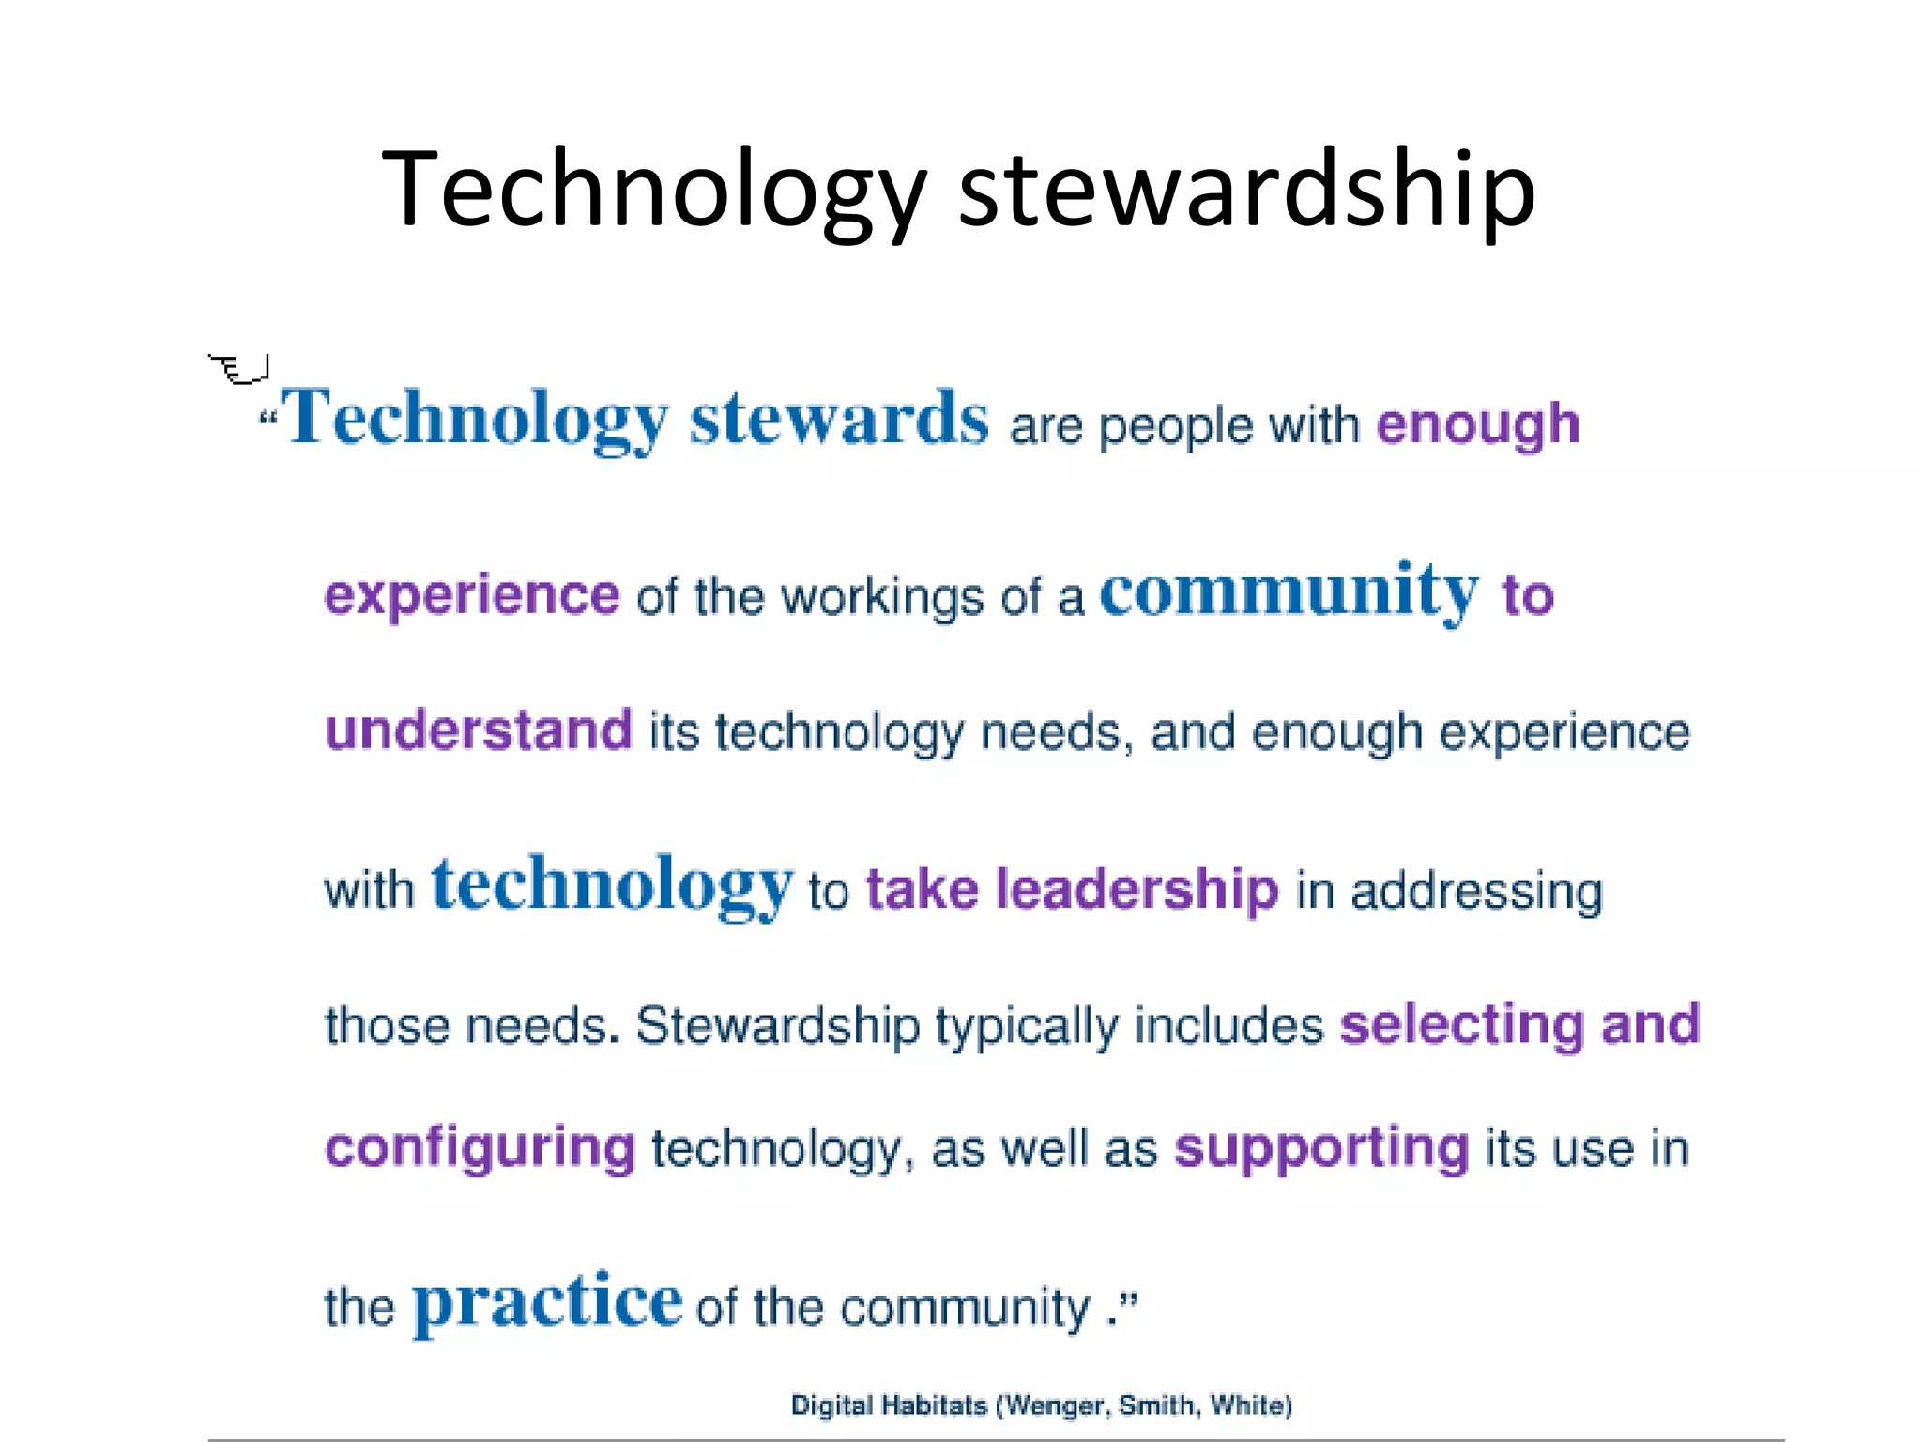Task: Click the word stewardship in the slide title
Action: (x=1246, y=190)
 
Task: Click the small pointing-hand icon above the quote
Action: (x=239, y=369)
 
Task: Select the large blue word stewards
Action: (x=839, y=419)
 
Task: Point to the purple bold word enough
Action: (x=1478, y=424)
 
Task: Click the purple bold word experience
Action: (x=471, y=595)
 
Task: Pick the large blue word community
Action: (x=1289, y=591)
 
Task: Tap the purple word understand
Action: (x=479, y=729)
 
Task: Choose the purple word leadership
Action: (x=1136, y=889)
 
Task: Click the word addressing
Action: (x=1476, y=891)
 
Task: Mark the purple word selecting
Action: (x=1461, y=1024)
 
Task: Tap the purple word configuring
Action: (x=480, y=1148)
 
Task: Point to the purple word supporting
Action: (x=1321, y=1148)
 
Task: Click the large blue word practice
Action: (x=547, y=1301)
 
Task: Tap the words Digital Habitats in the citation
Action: (x=888, y=1405)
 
